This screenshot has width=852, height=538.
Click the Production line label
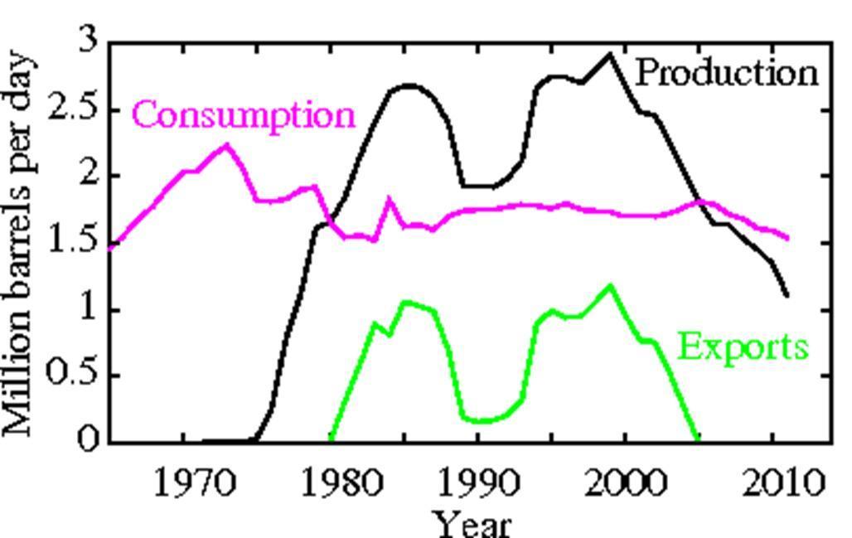tap(727, 73)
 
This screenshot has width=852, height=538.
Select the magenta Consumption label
tap(244, 114)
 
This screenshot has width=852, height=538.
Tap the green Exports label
tap(743, 347)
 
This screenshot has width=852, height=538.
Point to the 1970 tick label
tap(184, 483)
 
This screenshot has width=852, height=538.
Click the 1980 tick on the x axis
tap(331, 483)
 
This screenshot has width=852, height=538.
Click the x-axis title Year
tap(472, 522)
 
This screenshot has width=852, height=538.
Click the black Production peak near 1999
tap(610, 55)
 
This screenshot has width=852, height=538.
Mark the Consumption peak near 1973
tap(226, 146)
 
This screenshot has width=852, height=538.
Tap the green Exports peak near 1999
tap(610, 286)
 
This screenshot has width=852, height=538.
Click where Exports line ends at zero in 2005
tap(697, 439)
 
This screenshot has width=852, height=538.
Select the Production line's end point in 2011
tap(787, 295)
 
